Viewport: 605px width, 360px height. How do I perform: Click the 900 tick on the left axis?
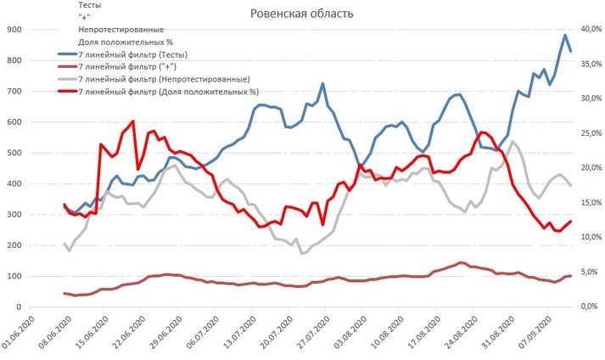tap(14, 30)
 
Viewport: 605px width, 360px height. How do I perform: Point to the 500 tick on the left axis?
tap(14, 153)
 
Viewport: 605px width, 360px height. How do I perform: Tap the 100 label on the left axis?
tap(14, 276)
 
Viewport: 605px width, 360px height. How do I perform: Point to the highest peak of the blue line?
tap(565, 35)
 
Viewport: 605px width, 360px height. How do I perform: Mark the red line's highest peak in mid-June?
tap(132, 121)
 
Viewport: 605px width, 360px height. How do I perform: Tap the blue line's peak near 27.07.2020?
tap(322, 83)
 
